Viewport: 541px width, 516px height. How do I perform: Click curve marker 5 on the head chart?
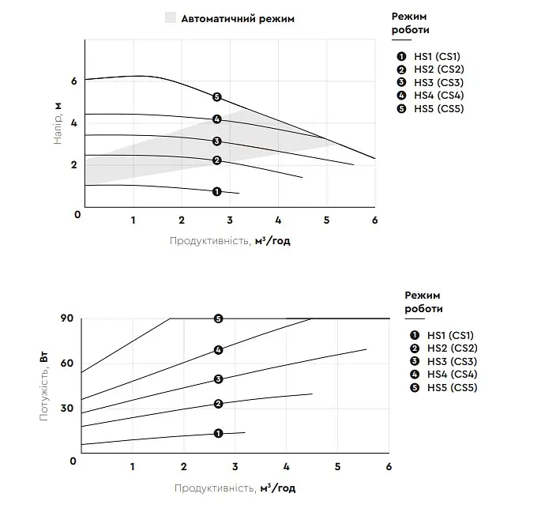click(216, 97)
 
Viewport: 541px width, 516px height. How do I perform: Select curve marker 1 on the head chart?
click(216, 191)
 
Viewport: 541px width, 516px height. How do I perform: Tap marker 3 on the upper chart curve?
click(216, 141)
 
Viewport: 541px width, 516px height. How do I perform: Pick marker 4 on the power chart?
click(218, 350)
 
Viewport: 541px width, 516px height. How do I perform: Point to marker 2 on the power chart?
click(218, 404)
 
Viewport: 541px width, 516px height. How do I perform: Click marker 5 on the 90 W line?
click(218, 318)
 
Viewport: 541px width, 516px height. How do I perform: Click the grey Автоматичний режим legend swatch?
click(171, 17)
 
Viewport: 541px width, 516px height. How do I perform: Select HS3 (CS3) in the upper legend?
click(438, 82)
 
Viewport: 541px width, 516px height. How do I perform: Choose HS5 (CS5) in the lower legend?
click(452, 388)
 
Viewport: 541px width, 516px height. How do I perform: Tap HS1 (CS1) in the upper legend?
click(438, 57)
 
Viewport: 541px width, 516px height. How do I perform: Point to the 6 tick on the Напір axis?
click(73, 81)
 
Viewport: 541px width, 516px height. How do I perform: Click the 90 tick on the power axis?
click(67, 318)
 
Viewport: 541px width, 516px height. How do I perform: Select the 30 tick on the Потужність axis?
click(67, 409)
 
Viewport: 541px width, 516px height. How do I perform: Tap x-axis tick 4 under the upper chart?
click(278, 220)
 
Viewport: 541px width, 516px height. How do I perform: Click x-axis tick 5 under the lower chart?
click(337, 467)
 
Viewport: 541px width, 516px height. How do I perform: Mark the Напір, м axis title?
click(58, 122)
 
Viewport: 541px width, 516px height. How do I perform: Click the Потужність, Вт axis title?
click(43, 386)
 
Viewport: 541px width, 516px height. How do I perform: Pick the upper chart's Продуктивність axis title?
click(230, 240)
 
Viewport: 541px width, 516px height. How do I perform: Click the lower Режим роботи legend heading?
click(423, 302)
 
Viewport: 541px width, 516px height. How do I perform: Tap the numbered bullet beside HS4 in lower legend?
click(415, 375)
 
